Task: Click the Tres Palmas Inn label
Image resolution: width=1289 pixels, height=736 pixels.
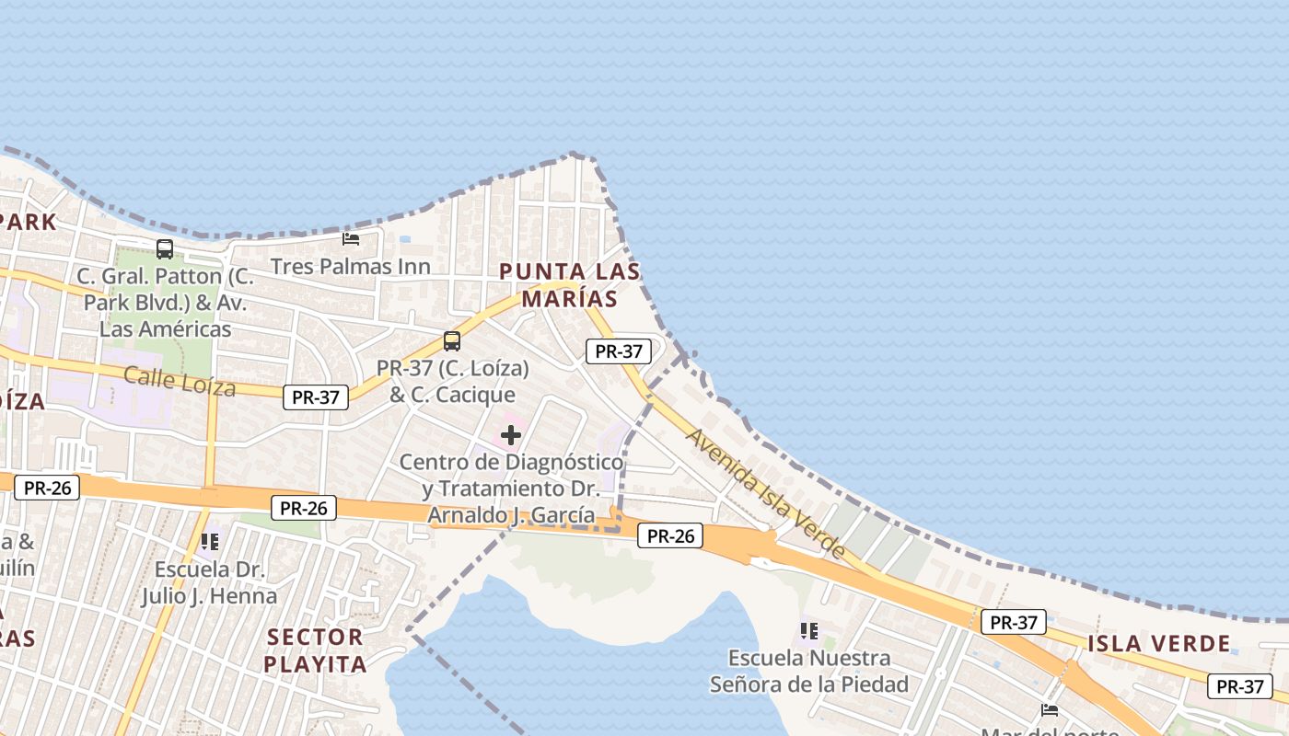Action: coord(350,267)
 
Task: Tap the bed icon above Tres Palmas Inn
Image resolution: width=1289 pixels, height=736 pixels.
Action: coord(351,239)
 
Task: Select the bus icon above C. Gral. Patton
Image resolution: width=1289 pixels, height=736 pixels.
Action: coord(165,248)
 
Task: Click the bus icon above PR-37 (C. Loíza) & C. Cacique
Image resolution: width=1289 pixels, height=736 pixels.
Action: coord(451,341)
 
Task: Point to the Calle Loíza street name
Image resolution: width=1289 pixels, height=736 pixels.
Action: coord(180,381)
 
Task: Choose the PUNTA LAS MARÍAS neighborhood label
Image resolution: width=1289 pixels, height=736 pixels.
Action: coord(570,285)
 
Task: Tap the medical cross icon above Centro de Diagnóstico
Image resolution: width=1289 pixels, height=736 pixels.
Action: coord(511,435)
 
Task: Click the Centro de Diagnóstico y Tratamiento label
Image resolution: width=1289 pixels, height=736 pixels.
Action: coord(511,488)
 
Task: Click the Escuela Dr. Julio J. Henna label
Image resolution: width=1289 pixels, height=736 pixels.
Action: coord(209,582)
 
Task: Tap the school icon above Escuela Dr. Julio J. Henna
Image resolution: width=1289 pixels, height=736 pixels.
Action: coord(210,542)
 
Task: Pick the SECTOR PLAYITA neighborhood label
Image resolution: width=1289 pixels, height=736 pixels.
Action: coord(315,650)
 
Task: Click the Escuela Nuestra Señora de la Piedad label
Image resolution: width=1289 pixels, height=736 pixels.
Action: coord(808,671)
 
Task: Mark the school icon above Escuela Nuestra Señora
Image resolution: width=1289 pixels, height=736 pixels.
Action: coord(809,631)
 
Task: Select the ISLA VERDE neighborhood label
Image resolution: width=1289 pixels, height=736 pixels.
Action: coord(1159,644)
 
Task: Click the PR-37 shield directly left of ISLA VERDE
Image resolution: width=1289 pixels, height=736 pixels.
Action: coord(1013,623)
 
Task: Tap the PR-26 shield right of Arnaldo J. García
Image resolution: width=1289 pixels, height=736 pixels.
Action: coord(670,535)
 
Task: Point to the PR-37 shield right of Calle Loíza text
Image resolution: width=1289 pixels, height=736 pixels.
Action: coord(316,397)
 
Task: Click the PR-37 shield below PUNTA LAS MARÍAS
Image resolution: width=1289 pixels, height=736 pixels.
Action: coord(619,351)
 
